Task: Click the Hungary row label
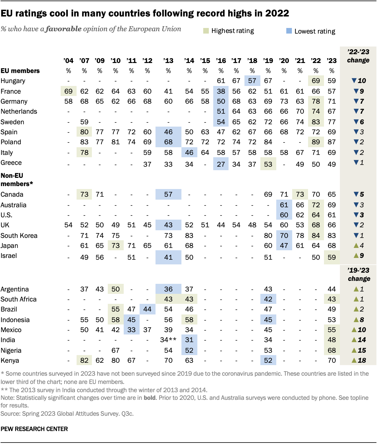tap(13, 81)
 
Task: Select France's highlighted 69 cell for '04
tap(68, 91)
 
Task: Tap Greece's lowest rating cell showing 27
tap(221, 164)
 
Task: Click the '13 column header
tap(168, 61)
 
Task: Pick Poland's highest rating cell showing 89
tap(316, 142)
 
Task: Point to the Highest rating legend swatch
tap(206, 31)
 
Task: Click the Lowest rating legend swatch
tap(289, 31)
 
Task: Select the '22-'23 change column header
tap(358, 56)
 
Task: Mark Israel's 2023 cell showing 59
tap(332, 257)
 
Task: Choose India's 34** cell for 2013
tap(168, 340)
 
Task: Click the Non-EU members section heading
tap(16, 180)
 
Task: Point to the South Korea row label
tap(19, 236)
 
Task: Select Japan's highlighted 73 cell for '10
tap(115, 246)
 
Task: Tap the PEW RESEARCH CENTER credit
tap(34, 429)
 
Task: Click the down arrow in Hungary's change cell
tap(354, 81)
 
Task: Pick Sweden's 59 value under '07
tap(84, 122)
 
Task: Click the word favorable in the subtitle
tap(64, 29)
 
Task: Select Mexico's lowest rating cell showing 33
tap(131, 330)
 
